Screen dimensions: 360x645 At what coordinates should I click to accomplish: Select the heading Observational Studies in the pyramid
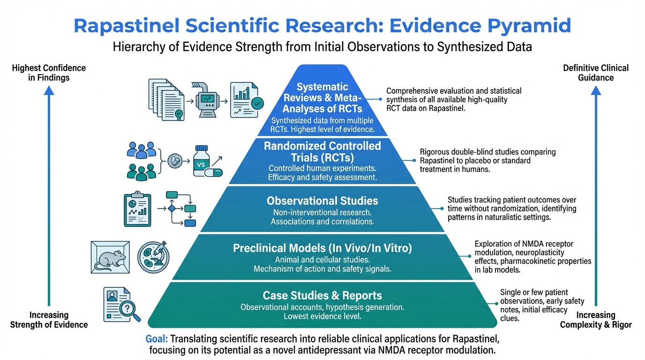click(322, 201)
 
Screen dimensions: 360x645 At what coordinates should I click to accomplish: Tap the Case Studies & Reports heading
click(322, 296)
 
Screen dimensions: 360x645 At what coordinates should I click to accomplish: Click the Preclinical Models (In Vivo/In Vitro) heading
click(322, 248)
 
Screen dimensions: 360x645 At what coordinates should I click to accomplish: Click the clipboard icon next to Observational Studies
click(138, 209)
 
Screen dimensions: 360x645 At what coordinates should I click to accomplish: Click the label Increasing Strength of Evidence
click(49, 320)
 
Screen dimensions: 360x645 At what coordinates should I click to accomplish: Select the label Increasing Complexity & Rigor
click(595, 320)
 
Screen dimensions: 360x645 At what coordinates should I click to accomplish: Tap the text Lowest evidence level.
click(322, 316)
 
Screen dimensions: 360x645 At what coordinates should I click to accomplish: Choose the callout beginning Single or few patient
click(534, 305)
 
